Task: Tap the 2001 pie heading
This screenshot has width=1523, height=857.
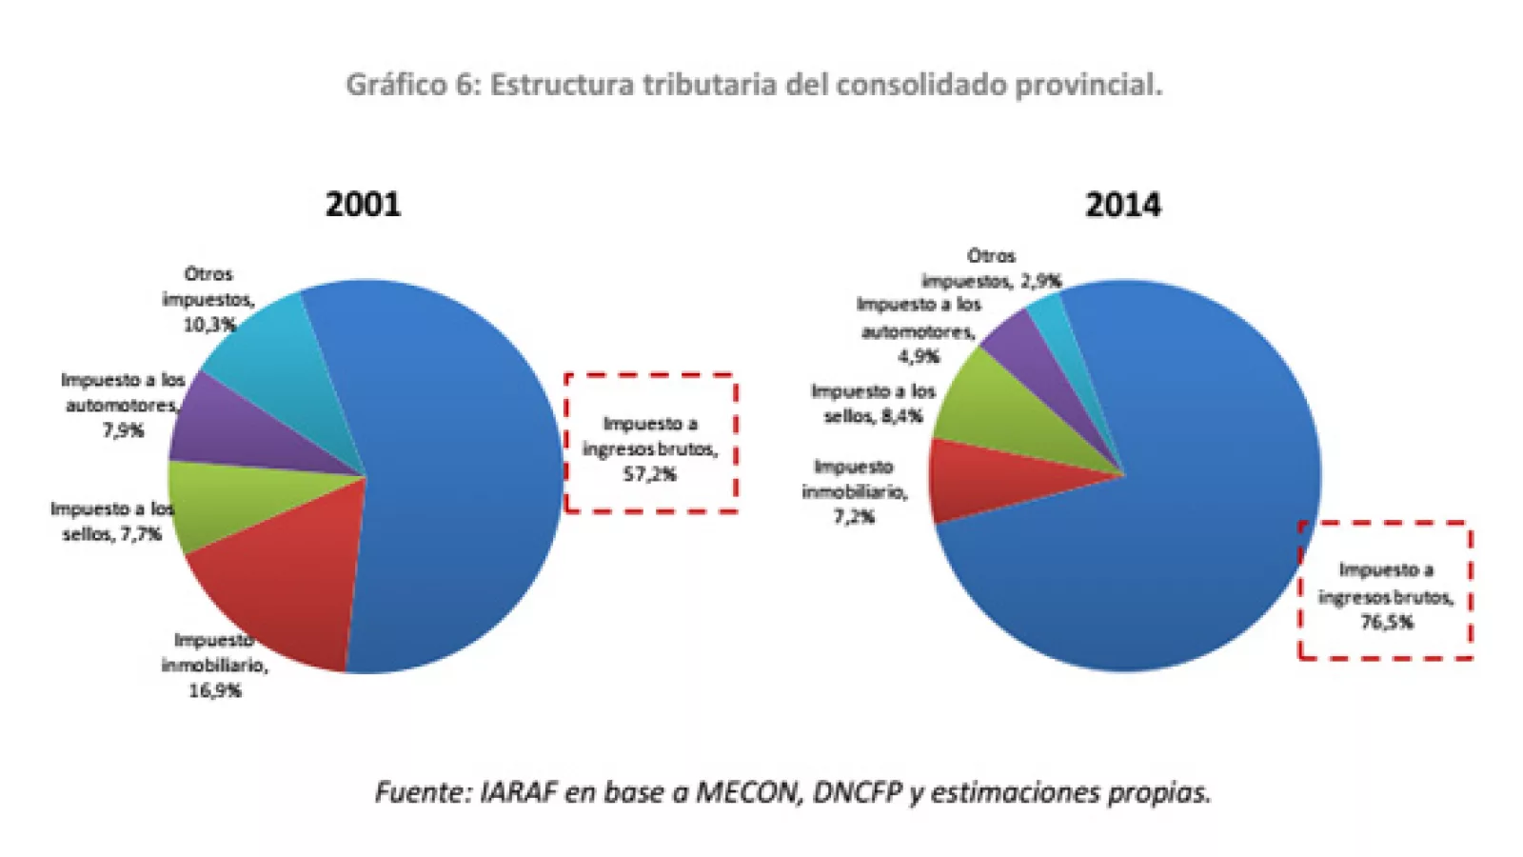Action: (x=363, y=205)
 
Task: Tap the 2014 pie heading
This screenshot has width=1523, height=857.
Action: (x=1122, y=205)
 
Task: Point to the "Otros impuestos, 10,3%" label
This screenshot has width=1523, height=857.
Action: (x=208, y=299)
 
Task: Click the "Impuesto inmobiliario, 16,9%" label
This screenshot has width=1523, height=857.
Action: (x=214, y=665)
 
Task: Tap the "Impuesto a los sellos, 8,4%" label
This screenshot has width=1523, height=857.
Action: (x=873, y=404)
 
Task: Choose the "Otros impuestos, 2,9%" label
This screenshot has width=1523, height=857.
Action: (x=991, y=269)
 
